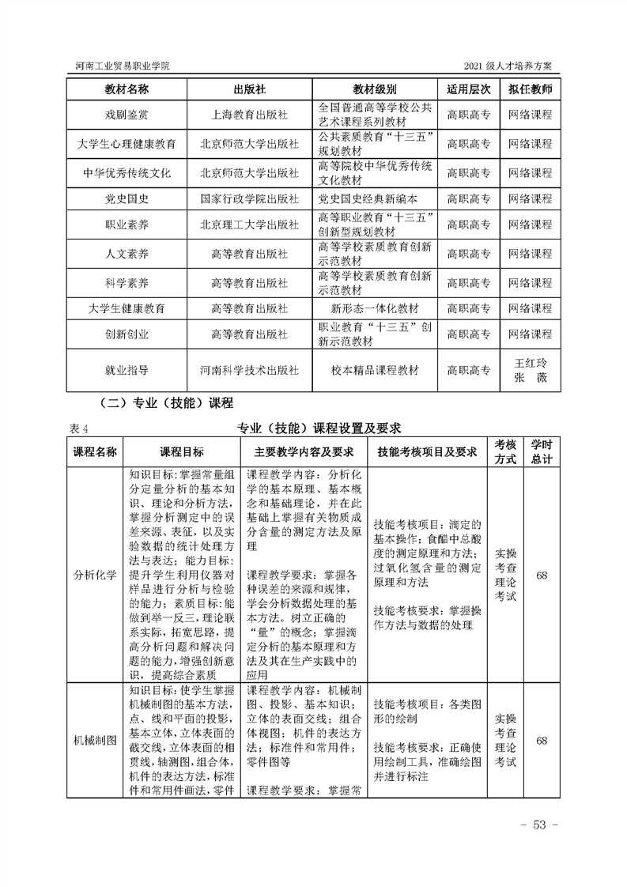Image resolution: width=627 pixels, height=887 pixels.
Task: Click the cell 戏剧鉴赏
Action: [x=127, y=114]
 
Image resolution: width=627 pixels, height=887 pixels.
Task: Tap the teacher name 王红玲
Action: [x=530, y=362]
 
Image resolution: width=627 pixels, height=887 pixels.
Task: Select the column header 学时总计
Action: [x=542, y=451]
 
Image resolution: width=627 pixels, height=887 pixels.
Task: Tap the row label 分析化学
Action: [x=95, y=575]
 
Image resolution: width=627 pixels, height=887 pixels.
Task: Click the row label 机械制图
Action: [x=95, y=741]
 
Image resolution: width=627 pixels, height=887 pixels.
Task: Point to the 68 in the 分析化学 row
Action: [x=542, y=575]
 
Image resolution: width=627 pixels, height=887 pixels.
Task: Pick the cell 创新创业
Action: [x=127, y=334]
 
